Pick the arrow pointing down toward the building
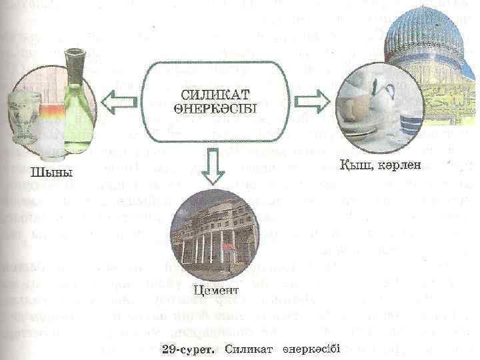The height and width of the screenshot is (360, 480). pyautogui.click(x=214, y=167)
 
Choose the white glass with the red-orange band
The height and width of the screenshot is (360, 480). pyautogui.click(x=51, y=127)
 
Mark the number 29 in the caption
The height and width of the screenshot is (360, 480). pyautogui.click(x=169, y=349)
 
